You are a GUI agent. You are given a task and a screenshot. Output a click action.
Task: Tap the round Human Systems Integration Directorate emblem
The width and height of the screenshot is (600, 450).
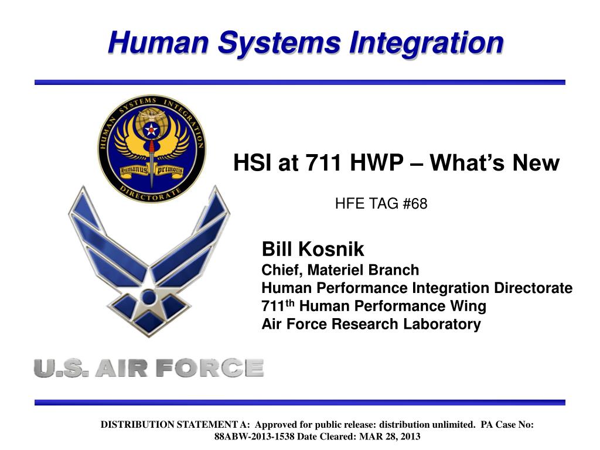click(151, 149)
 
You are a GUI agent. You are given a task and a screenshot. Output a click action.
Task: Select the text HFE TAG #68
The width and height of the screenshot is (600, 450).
click(381, 204)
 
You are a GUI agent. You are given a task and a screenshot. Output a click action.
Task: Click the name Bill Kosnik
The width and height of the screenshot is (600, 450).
click(312, 250)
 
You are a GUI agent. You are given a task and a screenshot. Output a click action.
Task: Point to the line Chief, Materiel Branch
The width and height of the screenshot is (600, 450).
click(340, 270)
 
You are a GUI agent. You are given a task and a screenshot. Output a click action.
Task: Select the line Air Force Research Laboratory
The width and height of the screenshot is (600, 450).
click(371, 324)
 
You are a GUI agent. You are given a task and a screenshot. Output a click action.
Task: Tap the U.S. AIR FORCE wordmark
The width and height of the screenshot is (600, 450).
click(149, 368)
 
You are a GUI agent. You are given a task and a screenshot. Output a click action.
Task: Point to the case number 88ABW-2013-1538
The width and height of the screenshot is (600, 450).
click(254, 437)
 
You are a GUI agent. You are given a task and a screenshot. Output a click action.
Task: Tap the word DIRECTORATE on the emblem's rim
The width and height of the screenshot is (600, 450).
click(151, 194)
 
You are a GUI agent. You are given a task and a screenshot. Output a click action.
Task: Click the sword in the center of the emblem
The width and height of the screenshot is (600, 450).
click(151, 155)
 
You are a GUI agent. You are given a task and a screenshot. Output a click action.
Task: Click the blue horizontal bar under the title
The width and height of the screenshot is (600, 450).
click(299, 83)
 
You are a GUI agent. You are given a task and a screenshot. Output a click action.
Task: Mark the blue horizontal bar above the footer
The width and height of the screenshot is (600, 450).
click(299, 403)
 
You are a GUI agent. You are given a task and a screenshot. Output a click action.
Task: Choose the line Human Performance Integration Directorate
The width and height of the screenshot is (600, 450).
click(417, 288)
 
